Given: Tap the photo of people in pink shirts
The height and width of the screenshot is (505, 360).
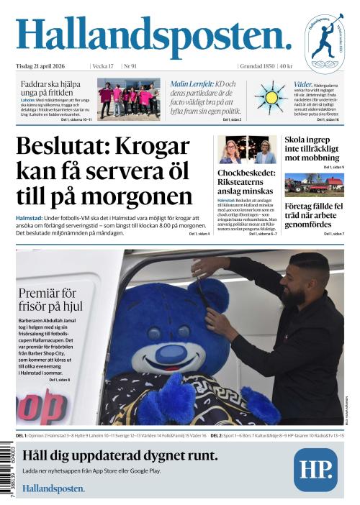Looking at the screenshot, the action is click(129, 99).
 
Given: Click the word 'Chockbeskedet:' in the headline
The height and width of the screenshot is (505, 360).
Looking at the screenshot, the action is click(245, 173).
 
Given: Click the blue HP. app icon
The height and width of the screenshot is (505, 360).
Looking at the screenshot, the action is click(315, 469).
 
